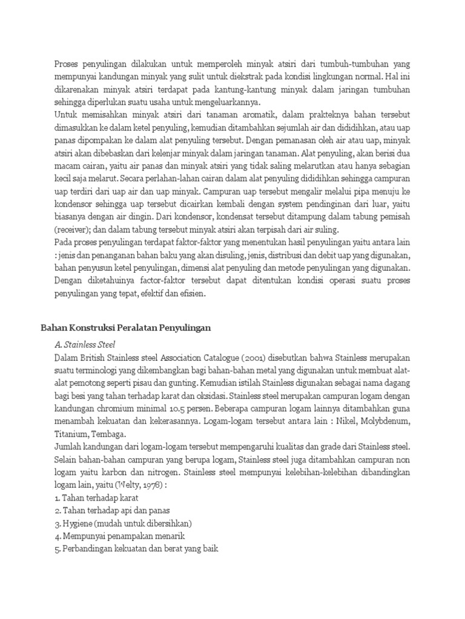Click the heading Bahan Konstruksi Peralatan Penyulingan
pos(125,328)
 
